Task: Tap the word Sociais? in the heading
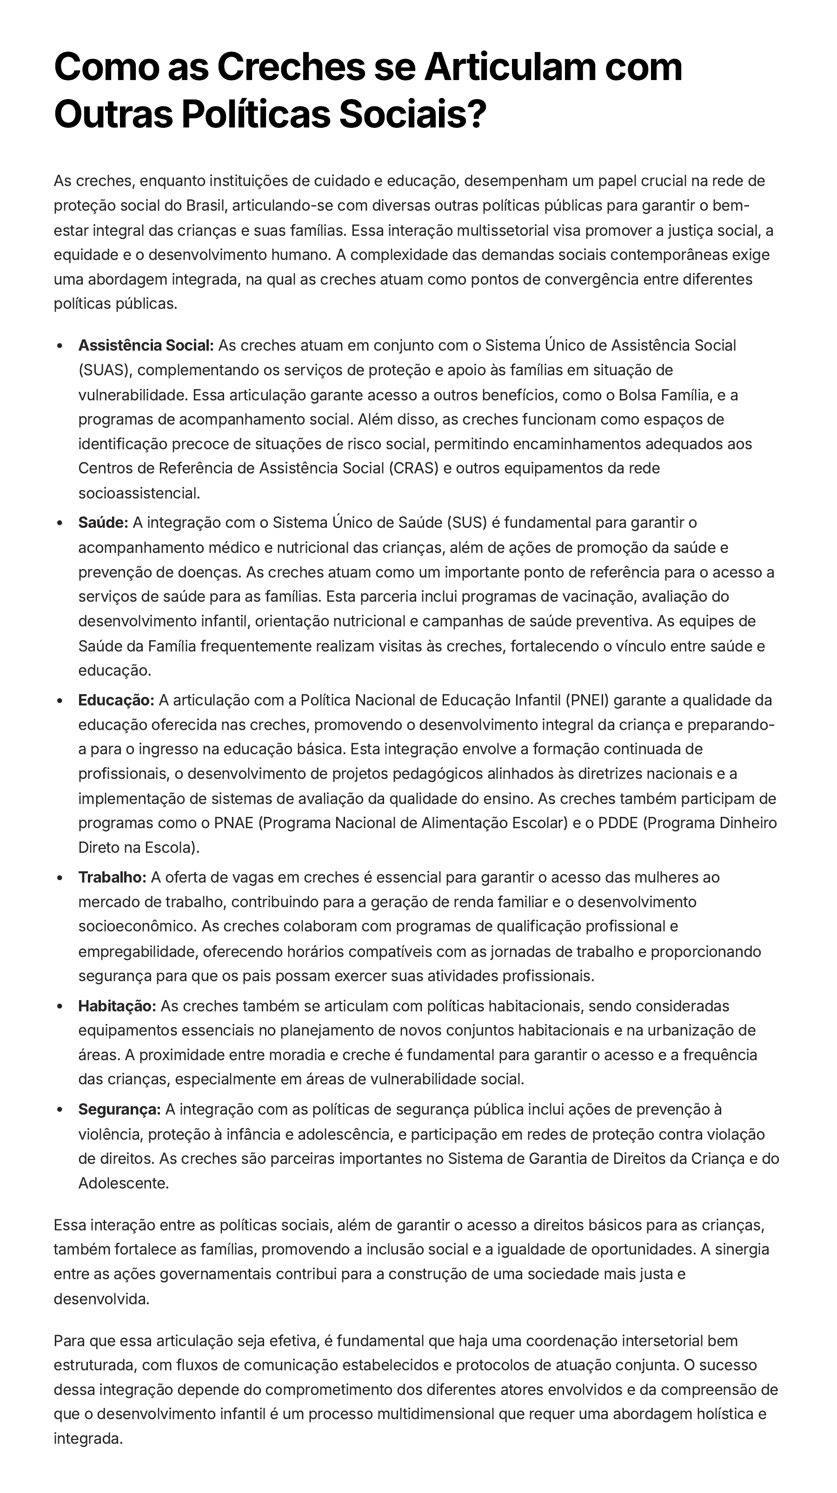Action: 412,114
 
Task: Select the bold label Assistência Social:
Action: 146,345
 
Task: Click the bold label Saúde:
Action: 103,523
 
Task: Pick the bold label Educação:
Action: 116,700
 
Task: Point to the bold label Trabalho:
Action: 113,877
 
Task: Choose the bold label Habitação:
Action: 117,1006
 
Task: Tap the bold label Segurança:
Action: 120,1109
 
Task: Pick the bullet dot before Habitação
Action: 60,1007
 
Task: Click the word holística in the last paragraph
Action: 724,1413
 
